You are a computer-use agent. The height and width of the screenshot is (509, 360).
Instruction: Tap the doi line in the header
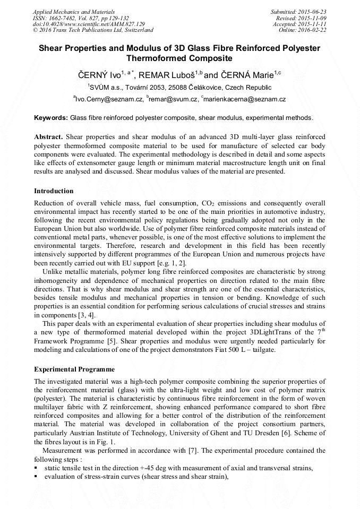[x=89, y=24]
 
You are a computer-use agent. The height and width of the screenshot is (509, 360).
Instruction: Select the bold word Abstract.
[x=48, y=136]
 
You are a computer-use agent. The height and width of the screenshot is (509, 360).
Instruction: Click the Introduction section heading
[x=54, y=191]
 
